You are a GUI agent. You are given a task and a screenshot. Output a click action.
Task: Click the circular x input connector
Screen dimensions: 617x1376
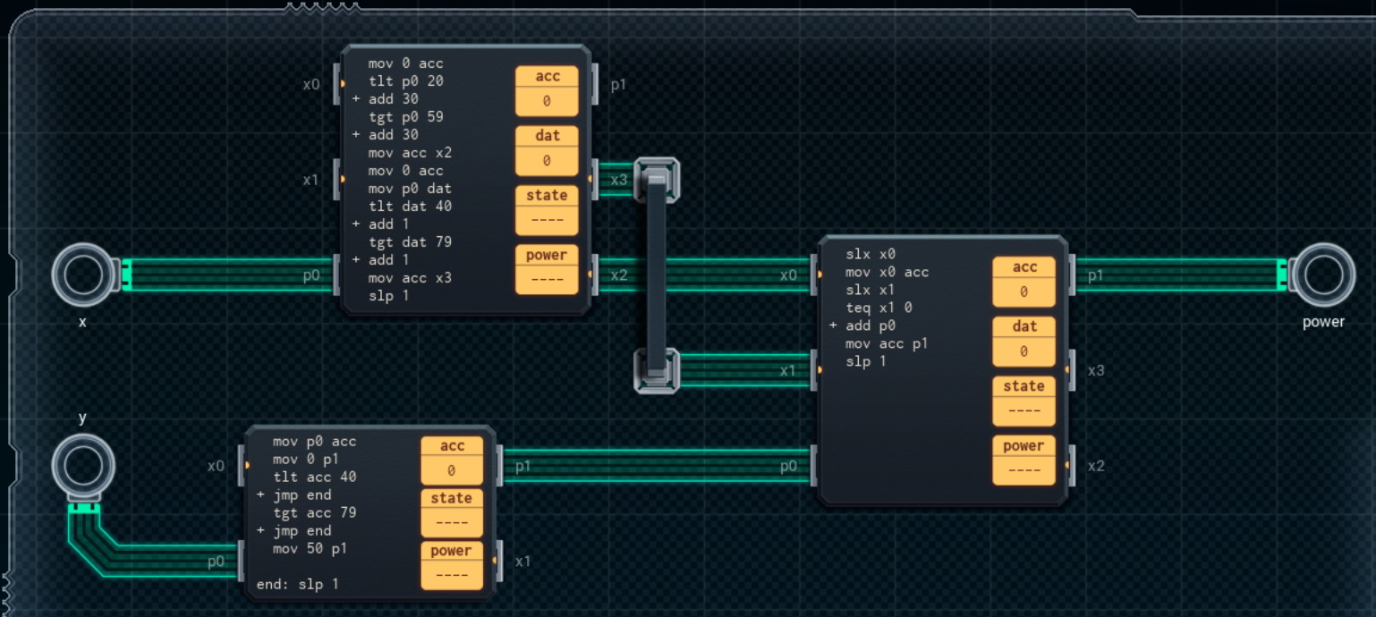pyautogui.click(x=82, y=275)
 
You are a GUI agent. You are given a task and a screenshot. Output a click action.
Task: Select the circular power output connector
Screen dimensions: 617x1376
pyautogui.click(x=1322, y=275)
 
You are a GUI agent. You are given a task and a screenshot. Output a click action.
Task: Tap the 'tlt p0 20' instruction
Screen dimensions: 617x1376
pyautogui.click(x=405, y=81)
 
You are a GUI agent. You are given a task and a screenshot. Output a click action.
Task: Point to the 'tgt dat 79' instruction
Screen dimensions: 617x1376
pyautogui.click(x=410, y=242)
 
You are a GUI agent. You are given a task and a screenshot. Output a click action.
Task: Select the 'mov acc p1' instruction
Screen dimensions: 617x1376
pyautogui.click(x=887, y=343)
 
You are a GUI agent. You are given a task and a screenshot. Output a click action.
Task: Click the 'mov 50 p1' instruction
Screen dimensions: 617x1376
pyautogui.click(x=310, y=548)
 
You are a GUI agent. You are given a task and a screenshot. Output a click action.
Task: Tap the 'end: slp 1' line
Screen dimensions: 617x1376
pyautogui.click(x=297, y=585)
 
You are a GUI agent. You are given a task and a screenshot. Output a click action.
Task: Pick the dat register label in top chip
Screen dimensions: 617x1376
pyautogui.click(x=547, y=136)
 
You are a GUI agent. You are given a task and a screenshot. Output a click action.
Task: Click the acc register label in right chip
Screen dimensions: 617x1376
pyautogui.click(x=1024, y=267)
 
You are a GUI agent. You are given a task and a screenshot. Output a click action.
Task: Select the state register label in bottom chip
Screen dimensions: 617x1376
pyautogui.click(x=451, y=498)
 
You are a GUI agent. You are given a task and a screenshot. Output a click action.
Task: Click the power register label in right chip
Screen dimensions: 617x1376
pyautogui.click(x=1024, y=446)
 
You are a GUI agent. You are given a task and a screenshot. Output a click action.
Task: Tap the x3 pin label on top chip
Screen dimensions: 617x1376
pyautogui.click(x=619, y=181)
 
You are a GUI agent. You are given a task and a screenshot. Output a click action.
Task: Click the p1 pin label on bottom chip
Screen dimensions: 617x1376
pyautogui.click(x=522, y=466)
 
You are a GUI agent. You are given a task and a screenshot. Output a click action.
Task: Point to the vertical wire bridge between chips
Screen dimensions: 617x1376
pyautogui.click(x=657, y=275)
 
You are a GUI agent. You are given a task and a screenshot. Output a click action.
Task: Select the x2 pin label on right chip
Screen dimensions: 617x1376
pyautogui.click(x=1096, y=466)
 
